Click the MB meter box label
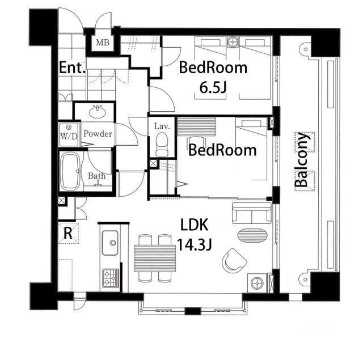pos(103,43)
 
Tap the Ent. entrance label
pos(72,68)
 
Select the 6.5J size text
pos(213,88)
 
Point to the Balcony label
pos(302,160)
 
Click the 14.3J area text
pos(195,245)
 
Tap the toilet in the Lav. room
pos(162,144)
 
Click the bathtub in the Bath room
pos(70,171)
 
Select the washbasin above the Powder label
pos(98,112)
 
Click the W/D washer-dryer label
pos(69,136)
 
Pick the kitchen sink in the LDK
pos(110,243)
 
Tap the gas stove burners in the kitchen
pos(111,278)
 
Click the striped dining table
pos(155,258)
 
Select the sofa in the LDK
pos(252,213)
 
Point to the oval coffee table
pos(252,235)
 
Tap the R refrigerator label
pos(67,233)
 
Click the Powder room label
pos(98,134)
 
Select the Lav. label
pos(162,126)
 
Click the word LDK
pos(194,225)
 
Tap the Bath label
pos(96,176)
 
